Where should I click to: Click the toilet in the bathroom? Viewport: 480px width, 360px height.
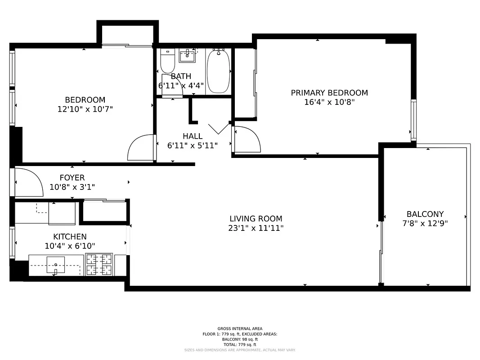tap(167, 62)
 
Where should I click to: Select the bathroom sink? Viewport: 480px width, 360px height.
tap(187, 56)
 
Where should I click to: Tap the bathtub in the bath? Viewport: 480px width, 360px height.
tap(219, 71)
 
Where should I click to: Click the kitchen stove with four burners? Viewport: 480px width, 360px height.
tap(99, 265)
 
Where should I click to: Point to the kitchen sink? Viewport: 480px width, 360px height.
tap(55, 265)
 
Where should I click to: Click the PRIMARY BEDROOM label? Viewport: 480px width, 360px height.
tap(329, 93)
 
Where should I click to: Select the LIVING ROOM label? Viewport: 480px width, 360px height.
tap(256, 219)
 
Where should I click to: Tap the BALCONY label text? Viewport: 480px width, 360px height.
tap(425, 214)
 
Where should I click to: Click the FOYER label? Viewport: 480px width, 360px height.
tap(72, 178)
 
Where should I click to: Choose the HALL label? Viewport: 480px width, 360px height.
tap(193, 136)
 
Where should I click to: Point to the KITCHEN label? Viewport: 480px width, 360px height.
tap(70, 237)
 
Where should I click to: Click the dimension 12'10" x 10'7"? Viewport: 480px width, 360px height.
tap(85, 109)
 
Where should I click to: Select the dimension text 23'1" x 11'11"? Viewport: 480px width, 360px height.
tap(256, 228)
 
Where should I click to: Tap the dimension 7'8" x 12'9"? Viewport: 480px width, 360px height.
tap(425, 223)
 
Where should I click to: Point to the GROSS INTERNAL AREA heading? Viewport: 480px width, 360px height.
tap(240, 328)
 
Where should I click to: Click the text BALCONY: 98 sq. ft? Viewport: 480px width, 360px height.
tap(240, 339)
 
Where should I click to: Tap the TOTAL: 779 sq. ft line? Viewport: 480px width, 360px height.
tap(240, 345)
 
